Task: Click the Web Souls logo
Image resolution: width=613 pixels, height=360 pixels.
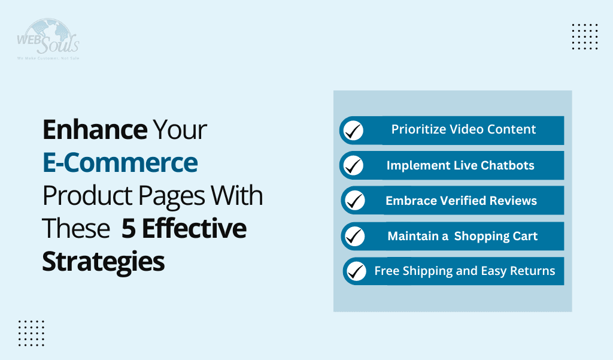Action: click(x=48, y=39)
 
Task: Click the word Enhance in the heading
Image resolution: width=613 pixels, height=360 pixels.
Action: click(x=95, y=130)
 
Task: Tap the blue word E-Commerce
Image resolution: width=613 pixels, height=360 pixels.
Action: click(x=120, y=163)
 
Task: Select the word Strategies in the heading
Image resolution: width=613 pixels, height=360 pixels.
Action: click(x=103, y=262)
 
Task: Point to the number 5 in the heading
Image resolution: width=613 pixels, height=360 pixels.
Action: click(x=128, y=229)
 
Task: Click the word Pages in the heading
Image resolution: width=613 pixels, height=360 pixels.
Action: click(x=167, y=196)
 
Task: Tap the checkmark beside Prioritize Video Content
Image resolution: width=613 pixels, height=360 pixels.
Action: click(x=354, y=131)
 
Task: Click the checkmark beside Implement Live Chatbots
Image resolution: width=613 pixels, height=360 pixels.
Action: click(x=354, y=166)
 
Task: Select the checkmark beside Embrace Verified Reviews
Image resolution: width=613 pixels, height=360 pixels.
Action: click(x=355, y=201)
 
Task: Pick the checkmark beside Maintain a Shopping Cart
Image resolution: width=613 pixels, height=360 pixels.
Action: click(x=355, y=237)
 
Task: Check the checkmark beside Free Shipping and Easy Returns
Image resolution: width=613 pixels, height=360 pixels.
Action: click(x=356, y=271)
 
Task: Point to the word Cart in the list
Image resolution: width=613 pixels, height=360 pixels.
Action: click(x=524, y=236)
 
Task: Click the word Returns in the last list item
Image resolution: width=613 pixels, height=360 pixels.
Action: click(x=532, y=271)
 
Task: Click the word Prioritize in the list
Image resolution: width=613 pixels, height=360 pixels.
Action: click(x=417, y=129)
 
